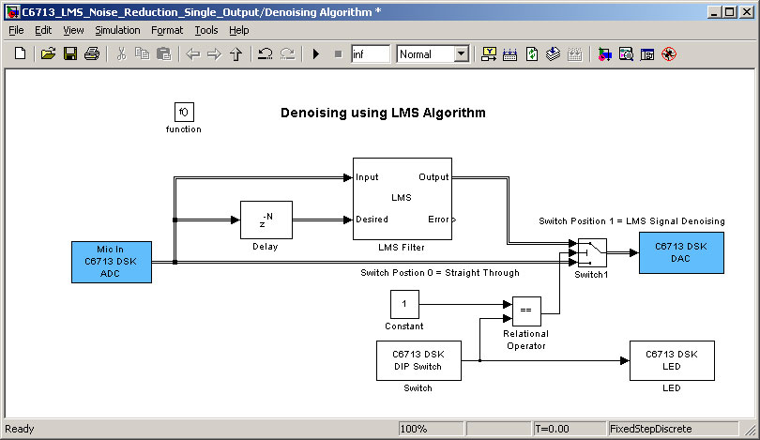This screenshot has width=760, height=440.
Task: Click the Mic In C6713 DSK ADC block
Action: pyautogui.click(x=112, y=262)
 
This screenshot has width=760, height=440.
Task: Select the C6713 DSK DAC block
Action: pyautogui.click(x=681, y=252)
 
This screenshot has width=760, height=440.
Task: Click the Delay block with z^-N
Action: pyautogui.click(x=266, y=220)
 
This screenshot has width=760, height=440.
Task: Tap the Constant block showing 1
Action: pyautogui.click(x=404, y=304)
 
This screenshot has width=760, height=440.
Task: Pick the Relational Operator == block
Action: pyautogui.click(x=526, y=311)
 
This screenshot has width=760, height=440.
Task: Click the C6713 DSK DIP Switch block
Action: pyautogui.click(x=418, y=360)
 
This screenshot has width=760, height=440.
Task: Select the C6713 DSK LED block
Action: pyautogui.click(x=672, y=360)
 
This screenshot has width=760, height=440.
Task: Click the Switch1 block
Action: pyautogui.click(x=592, y=252)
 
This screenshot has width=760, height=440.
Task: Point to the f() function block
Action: pyautogui.click(x=184, y=112)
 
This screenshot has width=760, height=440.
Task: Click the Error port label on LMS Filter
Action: pyautogui.click(x=438, y=220)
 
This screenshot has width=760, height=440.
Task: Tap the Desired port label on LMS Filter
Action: pyautogui.click(x=372, y=220)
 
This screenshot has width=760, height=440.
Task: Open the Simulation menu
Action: pyautogui.click(x=117, y=30)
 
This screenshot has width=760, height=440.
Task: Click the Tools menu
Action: pyautogui.click(x=206, y=30)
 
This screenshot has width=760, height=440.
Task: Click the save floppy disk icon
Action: pyautogui.click(x=70, y=53)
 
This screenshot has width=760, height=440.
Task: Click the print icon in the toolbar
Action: pyautogui.click(x=92, y=53)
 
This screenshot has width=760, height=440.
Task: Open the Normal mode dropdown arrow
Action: pyautogui.click(x=462, y=53)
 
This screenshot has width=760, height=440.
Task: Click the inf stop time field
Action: pyautogui.click(x=371, y=53)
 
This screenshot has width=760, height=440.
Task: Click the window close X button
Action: pyautogui.click(x=747, y=11)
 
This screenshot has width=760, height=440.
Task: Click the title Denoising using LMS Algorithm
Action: pyautogui.click(x=383, y=113)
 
